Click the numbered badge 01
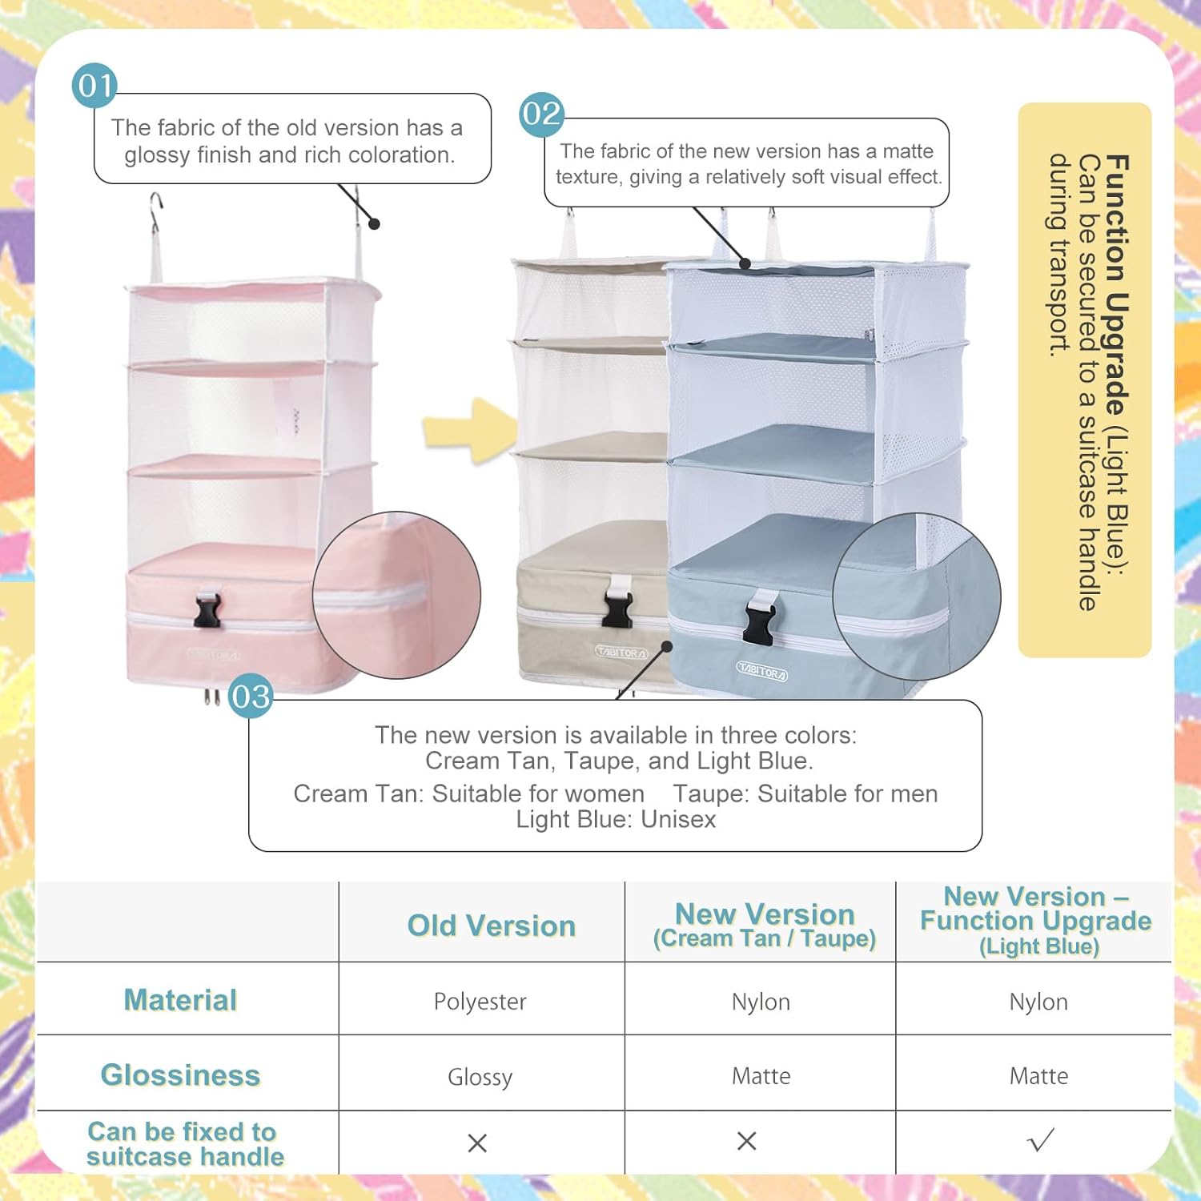coord(94,86)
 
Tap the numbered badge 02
coord(542,114)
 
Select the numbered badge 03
coord(251,696)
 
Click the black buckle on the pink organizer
coord(207,610)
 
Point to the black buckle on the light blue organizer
coord(761,615)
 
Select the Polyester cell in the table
coord(480,1002)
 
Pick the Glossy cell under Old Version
coord(480,1077)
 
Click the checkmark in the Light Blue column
coord(1040,1140)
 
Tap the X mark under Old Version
coord(477,1143)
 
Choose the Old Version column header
coord(492,926)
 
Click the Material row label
coord(180,1000)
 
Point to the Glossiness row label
coord(180,1075)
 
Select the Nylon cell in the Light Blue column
coord(1038,1002)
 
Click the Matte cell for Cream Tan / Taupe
coord(761,1076)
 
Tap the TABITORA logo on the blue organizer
coord(761,672)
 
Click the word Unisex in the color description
coord(678,819)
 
